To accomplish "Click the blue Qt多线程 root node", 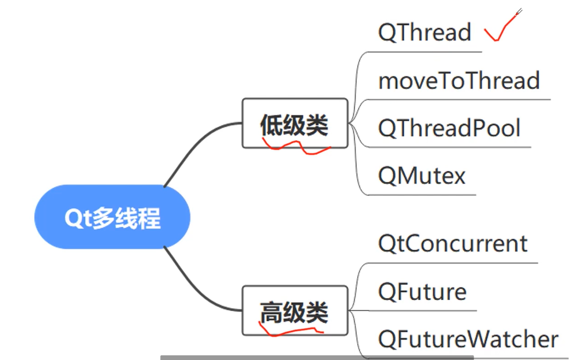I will [x=112, y=217].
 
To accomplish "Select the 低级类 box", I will [x=294, y=124].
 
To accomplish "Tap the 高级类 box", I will [x=294, y=311].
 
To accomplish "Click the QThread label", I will [x=424, y=33].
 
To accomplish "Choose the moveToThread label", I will [x=459, y=81].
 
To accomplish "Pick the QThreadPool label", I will [x=449, y=128].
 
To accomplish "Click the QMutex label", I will [x=422, y=177].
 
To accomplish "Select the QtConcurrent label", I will [x=453, y=244].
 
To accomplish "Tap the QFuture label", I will [x=422, y=292].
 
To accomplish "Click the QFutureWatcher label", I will [x=468, y=340].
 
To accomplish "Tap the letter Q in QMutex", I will [x=387, y=177].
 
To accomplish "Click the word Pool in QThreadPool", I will [x=497, y=128].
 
